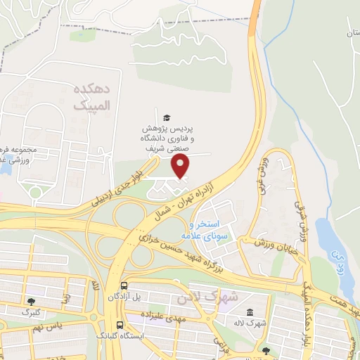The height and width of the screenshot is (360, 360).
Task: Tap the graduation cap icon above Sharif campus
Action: (x=167, y=117)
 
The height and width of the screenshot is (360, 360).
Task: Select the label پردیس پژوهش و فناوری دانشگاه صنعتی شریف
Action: (x=167, y=139)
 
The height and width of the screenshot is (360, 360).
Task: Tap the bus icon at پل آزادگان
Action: (x=124, y=286)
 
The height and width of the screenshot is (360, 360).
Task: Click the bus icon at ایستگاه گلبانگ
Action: (x=120, y=326)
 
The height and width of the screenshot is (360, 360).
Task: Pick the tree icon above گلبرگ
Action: (x=29, y=300)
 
